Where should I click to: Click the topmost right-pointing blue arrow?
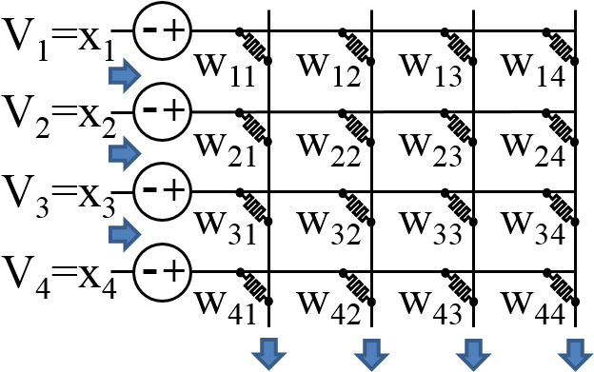(125, 75)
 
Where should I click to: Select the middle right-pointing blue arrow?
(125, 153)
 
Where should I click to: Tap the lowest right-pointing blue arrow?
(125, 234)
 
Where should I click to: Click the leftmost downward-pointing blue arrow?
(268, 354)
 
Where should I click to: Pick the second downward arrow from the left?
(371, 354)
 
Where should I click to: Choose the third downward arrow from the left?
(473, 354)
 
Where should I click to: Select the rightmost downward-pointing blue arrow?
(575, 354)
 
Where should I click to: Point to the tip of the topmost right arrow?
(140, 75)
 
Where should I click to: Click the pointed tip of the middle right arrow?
(140, 153)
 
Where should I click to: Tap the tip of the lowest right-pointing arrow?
(140, 234)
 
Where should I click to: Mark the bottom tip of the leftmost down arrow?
(268, 369)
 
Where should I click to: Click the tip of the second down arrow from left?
(371, 369)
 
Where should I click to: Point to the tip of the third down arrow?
(473, 369)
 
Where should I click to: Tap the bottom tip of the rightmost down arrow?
(575, 369)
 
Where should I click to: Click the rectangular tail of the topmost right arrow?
(116, 75)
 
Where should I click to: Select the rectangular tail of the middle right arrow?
(116, 153)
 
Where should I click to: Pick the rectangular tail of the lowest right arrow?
(116, 234)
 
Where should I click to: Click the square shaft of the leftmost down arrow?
(268, 345)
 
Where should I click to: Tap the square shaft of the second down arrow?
(371, 345)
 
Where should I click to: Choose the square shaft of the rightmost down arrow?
(575, 345)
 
